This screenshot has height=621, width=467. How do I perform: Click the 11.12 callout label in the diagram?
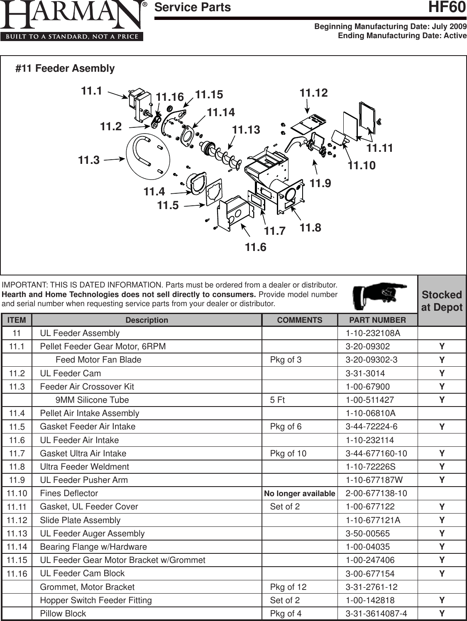[313, 93]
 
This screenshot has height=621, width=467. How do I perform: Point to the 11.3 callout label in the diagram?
[89, 160]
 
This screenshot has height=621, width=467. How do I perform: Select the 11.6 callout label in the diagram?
[255, 248]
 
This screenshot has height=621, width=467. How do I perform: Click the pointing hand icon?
[379, 294]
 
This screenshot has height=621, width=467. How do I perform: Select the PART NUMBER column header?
[377, 320]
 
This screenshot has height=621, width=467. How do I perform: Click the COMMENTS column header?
[299, 320]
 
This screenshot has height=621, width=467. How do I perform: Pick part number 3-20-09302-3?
[371, 360]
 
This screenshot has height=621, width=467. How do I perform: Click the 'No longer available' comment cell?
[299, 493]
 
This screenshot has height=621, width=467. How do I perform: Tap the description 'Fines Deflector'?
[69, 493]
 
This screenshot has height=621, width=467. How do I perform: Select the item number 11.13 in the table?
[17, 533]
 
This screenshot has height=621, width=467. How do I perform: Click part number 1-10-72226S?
[370, 467]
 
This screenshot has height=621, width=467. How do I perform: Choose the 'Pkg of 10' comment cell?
[288, 453]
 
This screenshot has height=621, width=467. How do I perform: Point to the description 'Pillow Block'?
[63, 614]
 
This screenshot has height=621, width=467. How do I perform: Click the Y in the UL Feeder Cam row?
[442, 373]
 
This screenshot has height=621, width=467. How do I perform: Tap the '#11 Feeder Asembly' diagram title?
[65, 68]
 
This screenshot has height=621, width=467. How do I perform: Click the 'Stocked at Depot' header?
[442, 301]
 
